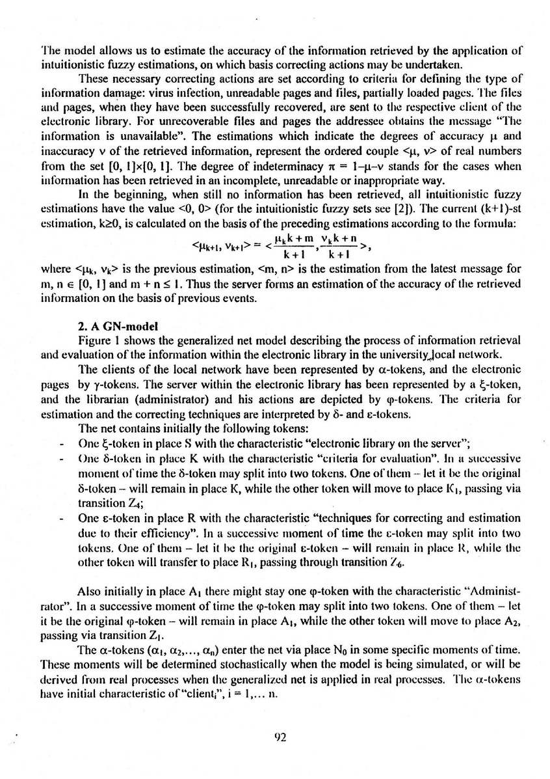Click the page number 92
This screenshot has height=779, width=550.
point(277,737)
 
